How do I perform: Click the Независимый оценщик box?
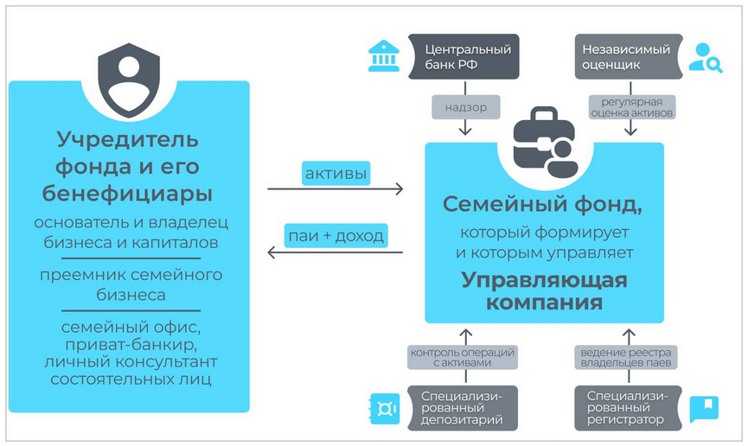[628, 56]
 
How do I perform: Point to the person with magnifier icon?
[703, 57]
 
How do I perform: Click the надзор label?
[467, 107]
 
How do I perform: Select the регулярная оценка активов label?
[630, 106]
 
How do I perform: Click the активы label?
[336, 175]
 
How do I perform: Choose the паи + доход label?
[336, 234]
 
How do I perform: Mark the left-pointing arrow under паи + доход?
[336, 252]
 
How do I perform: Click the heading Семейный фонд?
[543, 205]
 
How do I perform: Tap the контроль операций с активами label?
[464, 358]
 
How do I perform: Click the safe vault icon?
[383, 407]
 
